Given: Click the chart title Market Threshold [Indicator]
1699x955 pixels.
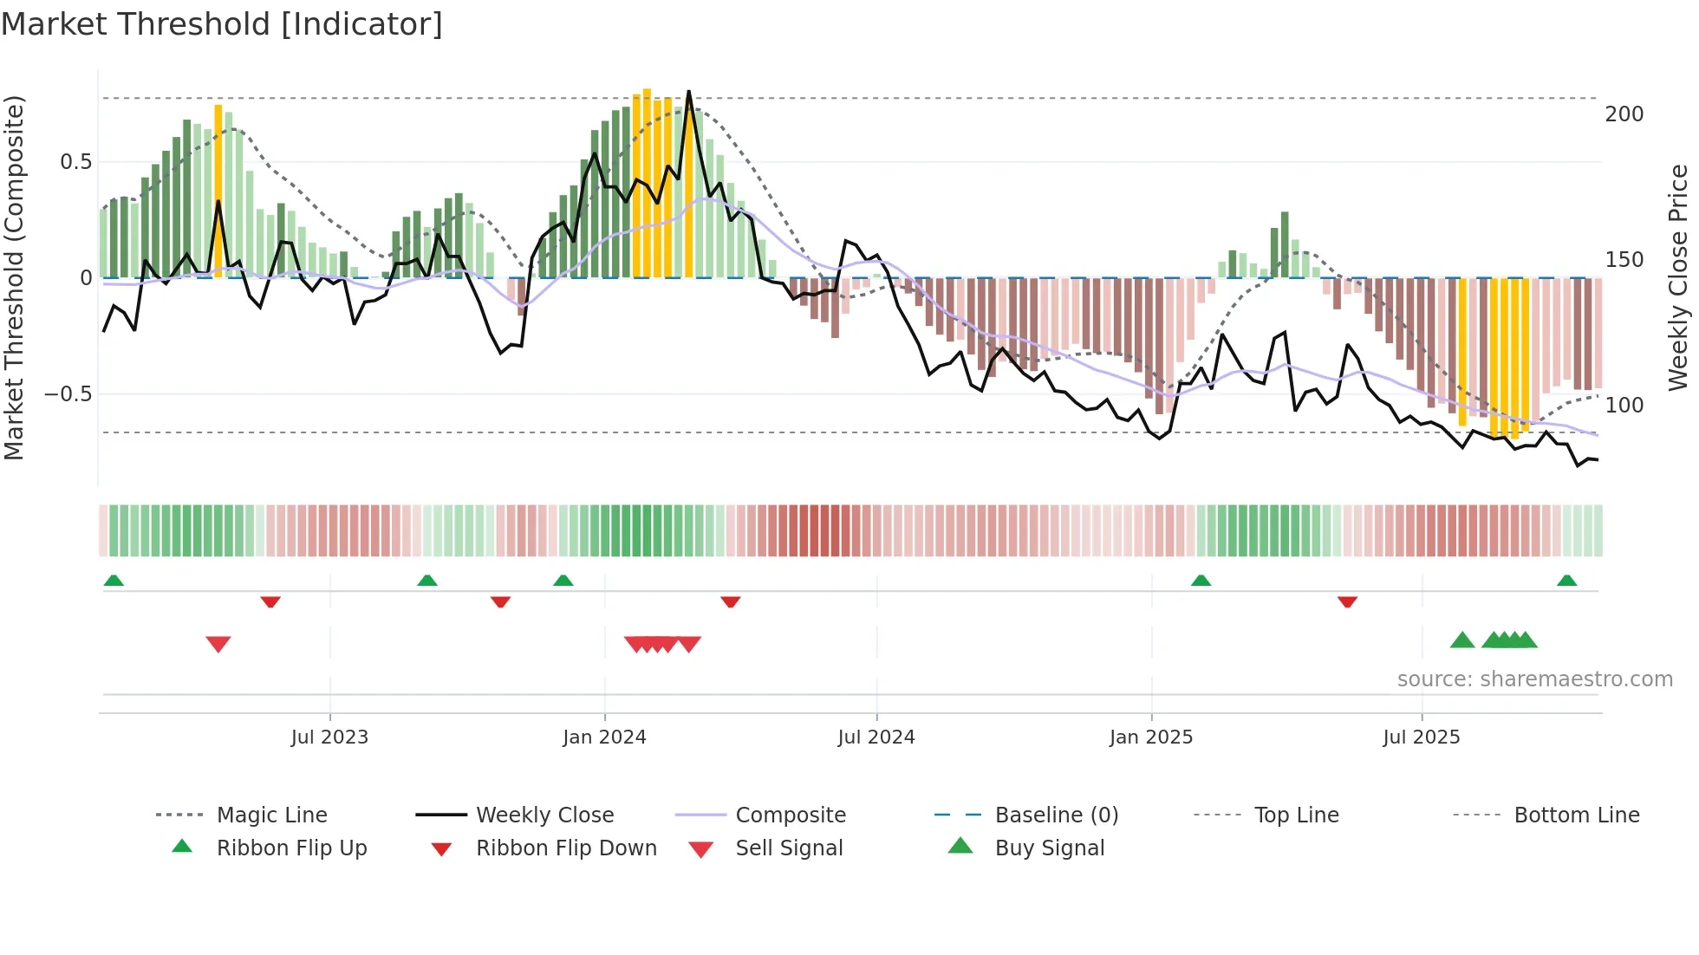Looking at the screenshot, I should tap(222, 24).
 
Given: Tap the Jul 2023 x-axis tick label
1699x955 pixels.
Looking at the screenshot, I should tap(329, 737).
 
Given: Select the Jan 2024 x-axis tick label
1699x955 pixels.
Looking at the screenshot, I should tap(604, 737).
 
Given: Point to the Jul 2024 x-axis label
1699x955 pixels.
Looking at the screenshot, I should tap(876, 737).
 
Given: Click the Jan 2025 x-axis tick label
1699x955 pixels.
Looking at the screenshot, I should tap(1150, 737).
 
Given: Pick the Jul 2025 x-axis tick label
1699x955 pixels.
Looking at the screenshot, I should tap(1421, 737).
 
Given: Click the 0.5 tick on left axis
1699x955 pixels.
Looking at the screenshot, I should tap(75, 162).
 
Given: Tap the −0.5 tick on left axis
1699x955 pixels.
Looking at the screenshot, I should tap(68, 394).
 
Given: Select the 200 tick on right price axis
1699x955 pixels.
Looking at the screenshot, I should tap(1624, 114).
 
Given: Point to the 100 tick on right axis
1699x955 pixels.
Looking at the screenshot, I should tap(1624, 405).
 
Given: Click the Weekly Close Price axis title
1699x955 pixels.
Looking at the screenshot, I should tap(1678, 277).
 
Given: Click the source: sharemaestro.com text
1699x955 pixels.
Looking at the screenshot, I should tap(1534, 679).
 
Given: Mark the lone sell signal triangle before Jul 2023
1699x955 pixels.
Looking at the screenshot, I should tap(218, 644).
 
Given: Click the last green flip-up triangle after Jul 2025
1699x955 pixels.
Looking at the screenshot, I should tap(1566, 581).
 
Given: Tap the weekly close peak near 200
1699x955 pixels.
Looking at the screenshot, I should tap(689, 92).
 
